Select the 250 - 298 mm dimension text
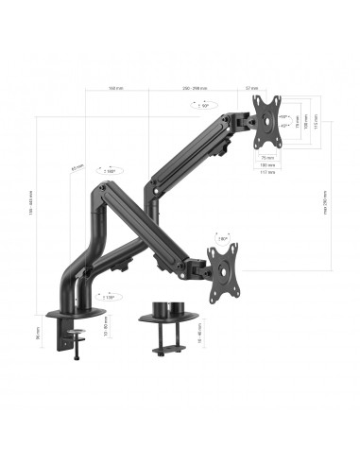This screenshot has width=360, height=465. [x=197, y=89]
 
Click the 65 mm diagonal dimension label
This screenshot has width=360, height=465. [x=75, y=171]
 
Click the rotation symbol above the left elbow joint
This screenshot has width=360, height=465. [x=110, y=171]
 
